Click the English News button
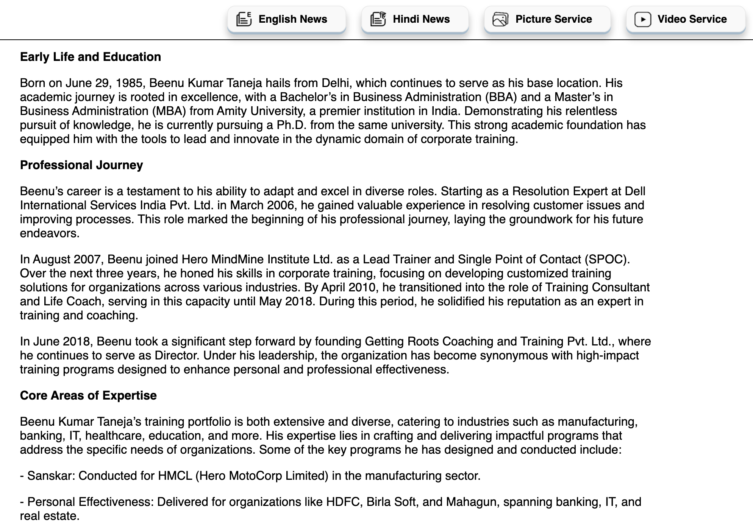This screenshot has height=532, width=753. (x=286, y=19)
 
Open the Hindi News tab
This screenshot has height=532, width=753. (x=415, y=19)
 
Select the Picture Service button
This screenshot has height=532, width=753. (x=547, y=19)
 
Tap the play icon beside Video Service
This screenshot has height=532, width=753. (x=643, y=19)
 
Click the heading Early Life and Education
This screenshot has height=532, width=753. (x=91, y=57)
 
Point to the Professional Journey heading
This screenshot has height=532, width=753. (x=81, y=165)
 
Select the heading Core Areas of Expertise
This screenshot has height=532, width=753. (x=88, y=395)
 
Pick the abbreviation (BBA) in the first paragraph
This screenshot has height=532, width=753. (x=501, y=97)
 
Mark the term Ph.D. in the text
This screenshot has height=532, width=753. (x=291, y=125)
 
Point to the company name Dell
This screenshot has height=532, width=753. (x=635, y=191)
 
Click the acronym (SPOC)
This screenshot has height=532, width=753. (x=607, y=259)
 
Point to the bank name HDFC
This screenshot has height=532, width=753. (x=342, y=502)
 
